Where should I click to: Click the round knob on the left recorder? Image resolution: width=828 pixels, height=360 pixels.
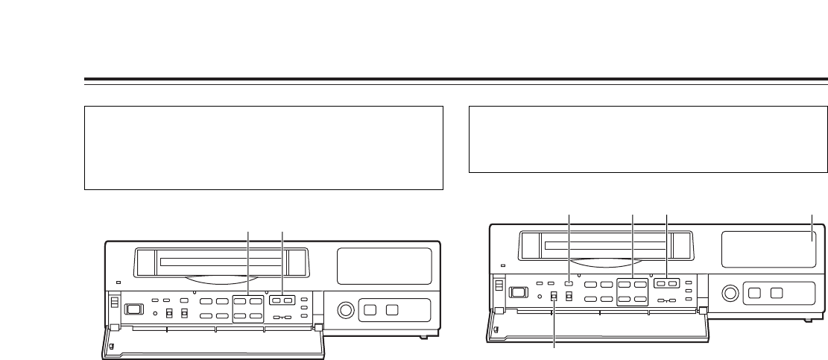(x=344, y=309)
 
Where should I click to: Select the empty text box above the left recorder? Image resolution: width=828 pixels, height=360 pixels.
(x=265, y=148)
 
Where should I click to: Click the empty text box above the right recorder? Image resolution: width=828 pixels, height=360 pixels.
(x=649, y=139)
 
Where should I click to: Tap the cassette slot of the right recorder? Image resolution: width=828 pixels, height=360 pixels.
(x=607, y=244)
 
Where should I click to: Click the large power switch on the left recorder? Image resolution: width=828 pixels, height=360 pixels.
(x=134, y=308)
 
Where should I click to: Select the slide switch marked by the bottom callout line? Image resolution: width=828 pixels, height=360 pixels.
(x=554, y=296)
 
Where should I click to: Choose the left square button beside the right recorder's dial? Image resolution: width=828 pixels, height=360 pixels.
(x=756, y=291)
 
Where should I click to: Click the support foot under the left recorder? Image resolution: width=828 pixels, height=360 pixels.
(x=423, y=336)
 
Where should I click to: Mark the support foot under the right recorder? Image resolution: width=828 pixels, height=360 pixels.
(x=807, y=318)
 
